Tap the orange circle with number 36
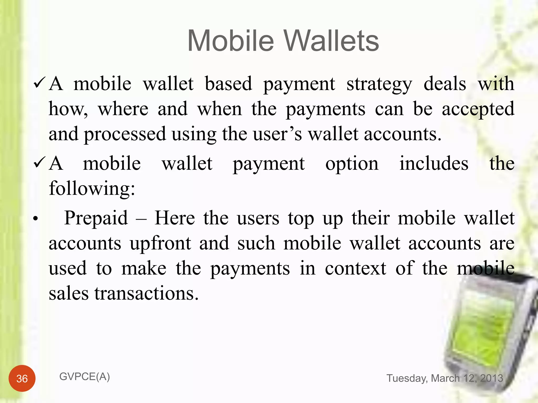point(22,378)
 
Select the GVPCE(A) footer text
point(85,377)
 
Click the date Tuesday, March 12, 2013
point(444,378)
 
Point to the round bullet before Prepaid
point(36,219)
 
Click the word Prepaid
point(96,218)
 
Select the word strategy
point(379,84)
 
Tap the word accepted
point(478,109)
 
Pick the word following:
point(92,188)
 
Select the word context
point(355,268)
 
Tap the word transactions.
point(146,293)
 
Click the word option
point(352,164)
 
